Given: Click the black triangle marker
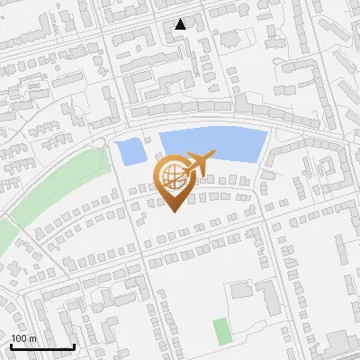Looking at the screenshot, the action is click(x=181, y=24).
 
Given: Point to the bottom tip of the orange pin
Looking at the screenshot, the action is click(x=172, y=212).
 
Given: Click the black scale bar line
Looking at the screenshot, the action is click(x=42, y=347).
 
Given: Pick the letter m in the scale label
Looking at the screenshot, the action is click(x=32, y=339).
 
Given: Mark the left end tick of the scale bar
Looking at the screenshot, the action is click(x=11, y=346).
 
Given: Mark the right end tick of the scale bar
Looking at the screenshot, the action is click(x=74, y=346).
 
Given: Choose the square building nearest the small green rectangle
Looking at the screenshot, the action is click(x=241, y=291).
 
